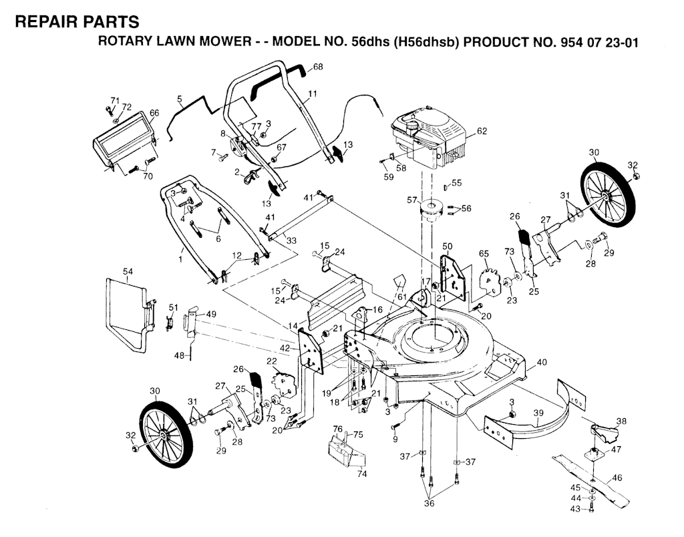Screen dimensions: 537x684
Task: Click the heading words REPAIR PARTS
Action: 77,22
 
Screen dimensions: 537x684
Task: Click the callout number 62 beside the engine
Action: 482,132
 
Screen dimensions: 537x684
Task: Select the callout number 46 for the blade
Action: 617,478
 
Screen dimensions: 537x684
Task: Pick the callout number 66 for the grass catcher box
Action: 154,113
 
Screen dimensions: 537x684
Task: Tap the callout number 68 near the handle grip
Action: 318,67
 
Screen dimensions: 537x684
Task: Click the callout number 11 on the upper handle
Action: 313,93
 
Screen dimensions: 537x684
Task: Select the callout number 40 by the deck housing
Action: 541,362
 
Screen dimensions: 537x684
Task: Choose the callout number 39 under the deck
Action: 538,413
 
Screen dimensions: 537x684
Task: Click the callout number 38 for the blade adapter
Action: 621,421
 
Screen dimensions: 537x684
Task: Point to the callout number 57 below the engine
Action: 412,199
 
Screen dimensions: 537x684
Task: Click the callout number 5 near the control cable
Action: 180,99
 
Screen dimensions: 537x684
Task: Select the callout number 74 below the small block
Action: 362,474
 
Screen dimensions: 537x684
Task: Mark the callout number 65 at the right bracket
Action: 484,254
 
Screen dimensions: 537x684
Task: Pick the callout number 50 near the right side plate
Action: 447,246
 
